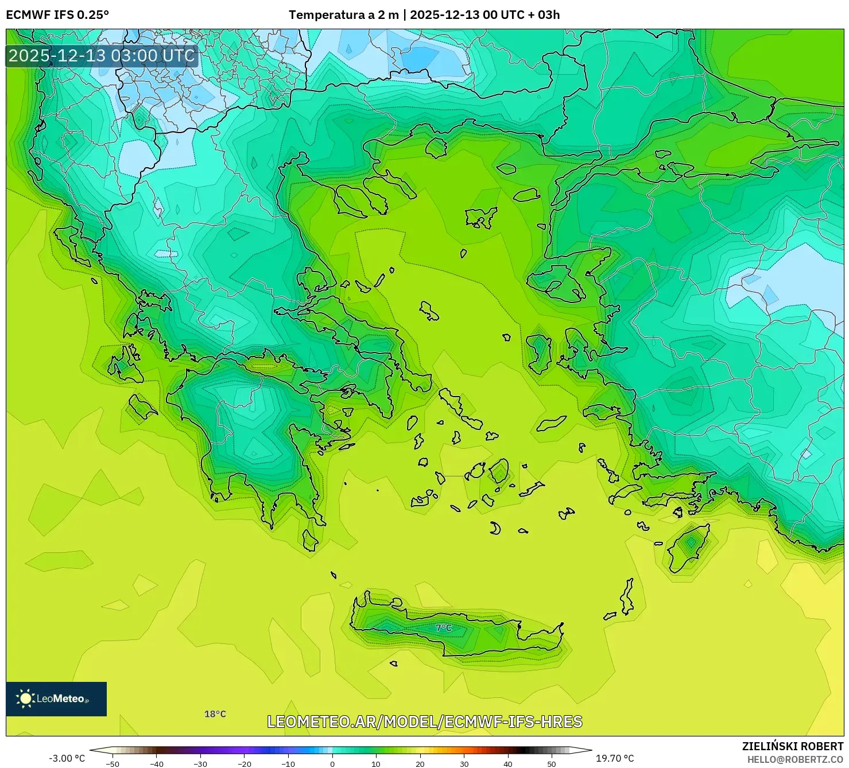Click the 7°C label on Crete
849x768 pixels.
(x=443, y=628)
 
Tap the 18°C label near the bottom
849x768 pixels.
(x=215, y=714)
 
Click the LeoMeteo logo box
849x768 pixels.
(x=56, y=699)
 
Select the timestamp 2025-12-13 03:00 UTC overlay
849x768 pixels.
(x=102, y=56)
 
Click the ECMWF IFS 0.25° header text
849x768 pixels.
(x=57, y=15)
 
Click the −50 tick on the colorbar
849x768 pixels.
(x=113, y=763)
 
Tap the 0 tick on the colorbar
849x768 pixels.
(x=332, y=763)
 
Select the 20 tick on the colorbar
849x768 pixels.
(x=420, y=763)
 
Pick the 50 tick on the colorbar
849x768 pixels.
(x=552, y=763)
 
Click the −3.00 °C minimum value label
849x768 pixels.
(x=67, y=758)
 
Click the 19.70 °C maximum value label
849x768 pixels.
(x=615, y=758)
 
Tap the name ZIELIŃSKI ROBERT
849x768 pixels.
(x=793, y=746)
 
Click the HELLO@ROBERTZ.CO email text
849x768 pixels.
(x=795, y=759)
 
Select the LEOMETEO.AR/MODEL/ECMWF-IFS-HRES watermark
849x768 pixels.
(x=425, y=722)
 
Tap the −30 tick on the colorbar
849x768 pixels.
(x=200, y=763)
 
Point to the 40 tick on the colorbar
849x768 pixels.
(x=508, y=763)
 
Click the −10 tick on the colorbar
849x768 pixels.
(x=288, y=763)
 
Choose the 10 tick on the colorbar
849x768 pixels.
(x=376, y=763)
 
